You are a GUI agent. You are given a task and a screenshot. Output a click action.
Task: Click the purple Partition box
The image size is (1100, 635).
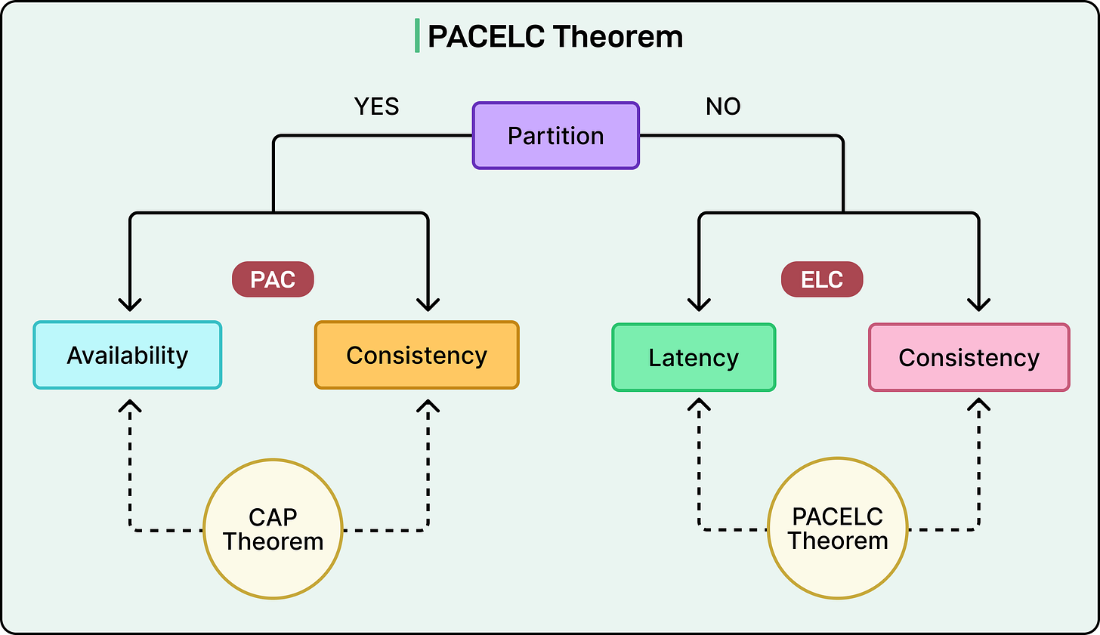coord(555,136)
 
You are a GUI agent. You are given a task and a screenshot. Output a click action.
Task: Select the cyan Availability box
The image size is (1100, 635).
coord(127,355)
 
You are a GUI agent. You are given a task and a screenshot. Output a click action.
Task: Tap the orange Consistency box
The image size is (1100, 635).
coord(416,355)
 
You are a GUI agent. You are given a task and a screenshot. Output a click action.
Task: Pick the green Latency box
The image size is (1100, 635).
coord(693,357)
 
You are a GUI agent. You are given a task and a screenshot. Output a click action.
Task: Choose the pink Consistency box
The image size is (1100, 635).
coord(969,357)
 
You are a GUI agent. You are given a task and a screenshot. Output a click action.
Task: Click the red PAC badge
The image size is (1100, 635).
coord(272,279)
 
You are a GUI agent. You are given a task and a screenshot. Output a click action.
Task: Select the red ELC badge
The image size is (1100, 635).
coord(821,279)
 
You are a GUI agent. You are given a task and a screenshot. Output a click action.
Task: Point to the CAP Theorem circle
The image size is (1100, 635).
coord(273,529)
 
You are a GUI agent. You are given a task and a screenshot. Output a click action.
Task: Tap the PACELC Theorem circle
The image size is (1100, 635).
coord(837,529)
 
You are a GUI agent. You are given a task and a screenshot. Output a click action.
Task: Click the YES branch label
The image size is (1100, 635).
coord(376,106)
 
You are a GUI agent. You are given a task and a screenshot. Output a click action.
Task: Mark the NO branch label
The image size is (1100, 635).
coord(723,106)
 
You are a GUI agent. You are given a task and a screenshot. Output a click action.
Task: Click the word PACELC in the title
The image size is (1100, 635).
coord(486,36)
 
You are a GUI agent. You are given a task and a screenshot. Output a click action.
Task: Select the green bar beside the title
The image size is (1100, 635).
coord(417,36)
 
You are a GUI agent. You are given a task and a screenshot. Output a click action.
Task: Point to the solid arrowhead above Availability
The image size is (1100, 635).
coord(131,304)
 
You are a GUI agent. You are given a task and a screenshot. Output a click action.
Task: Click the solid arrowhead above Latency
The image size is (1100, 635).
coord(700,304)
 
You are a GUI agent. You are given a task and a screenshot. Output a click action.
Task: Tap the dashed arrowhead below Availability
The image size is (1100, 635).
coord(131,406)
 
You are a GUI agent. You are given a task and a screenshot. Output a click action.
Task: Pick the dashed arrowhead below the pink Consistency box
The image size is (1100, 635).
coord(979,406)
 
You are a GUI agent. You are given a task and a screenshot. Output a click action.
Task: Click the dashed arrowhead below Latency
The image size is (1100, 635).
coord(700,406)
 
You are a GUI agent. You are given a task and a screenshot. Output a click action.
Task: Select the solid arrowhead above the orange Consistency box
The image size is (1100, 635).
coord(428,304)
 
